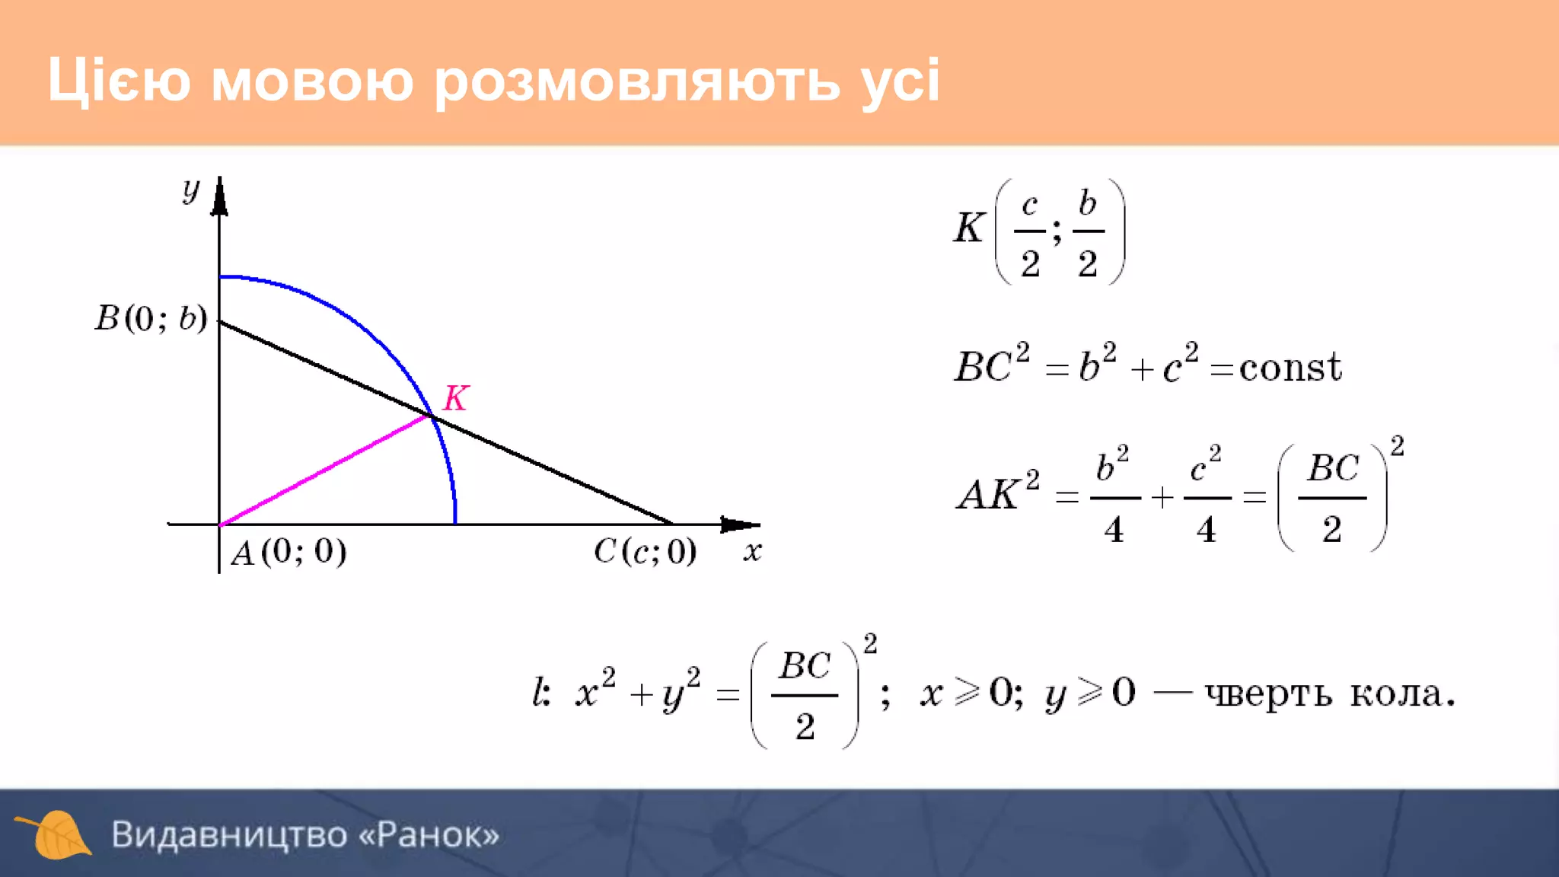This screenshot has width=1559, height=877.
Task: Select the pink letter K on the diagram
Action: coord(456,397)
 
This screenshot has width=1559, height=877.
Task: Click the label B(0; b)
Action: coord(151,318)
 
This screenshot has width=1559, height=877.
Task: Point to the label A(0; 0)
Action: coord(289,552)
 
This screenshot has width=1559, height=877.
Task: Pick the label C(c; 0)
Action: coord(645,551)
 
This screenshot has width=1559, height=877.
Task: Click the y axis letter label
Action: coord(190,190)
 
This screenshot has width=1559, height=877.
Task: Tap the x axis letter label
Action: coord(752,550)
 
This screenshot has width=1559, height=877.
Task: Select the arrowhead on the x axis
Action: coord(738,525)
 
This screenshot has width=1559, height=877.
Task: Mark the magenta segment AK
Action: coord(324,470)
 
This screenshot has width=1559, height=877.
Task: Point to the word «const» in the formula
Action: coord(1290,368)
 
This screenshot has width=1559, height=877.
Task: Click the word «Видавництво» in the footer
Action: coord(229,834)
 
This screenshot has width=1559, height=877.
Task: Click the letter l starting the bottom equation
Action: coord(540,692)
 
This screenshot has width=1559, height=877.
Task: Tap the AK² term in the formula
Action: coord(998,493)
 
